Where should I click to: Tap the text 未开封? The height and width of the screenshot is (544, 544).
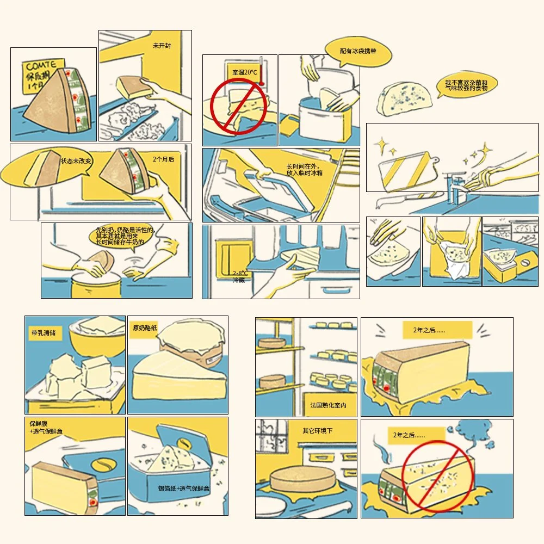pos(162,46)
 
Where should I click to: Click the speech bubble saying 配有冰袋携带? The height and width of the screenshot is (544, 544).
pos(358,51)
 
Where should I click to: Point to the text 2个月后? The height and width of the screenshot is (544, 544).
pos(163,160)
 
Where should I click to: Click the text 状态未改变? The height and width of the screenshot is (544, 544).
pos(77,161)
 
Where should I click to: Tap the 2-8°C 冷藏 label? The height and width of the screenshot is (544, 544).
pos(240,276)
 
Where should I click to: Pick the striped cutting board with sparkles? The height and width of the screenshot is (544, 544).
pos(405,173)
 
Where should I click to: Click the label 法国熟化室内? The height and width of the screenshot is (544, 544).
pos(329,405)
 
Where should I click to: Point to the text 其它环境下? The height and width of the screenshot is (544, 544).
pos(318,431)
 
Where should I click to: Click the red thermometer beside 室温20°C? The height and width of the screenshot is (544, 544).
pos(261,71)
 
